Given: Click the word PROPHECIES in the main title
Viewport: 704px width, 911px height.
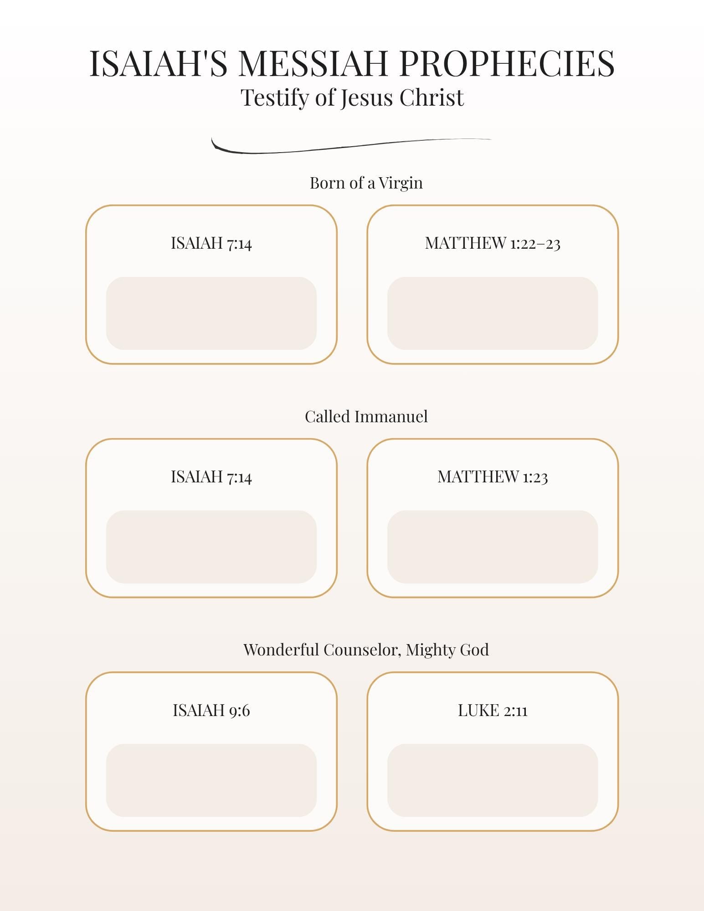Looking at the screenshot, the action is [507, 63].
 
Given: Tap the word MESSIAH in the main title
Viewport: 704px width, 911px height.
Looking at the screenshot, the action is [313, 63].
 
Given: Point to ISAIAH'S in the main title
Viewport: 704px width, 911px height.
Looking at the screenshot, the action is [158, 63].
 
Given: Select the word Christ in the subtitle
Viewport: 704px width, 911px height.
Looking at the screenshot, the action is [432, 97].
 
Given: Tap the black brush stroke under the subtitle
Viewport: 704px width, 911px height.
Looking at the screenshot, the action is [351, 145].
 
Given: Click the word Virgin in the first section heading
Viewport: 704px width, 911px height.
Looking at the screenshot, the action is [401, 183].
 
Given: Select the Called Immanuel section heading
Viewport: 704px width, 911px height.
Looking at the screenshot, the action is [366, 416].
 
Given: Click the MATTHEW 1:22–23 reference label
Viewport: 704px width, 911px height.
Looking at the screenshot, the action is [493, 243].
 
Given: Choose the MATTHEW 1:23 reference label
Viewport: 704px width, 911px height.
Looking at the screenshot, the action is [493, 477].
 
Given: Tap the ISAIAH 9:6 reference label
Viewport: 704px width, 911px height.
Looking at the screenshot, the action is [211, 711].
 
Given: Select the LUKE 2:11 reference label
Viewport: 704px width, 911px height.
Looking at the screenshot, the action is [493, 711].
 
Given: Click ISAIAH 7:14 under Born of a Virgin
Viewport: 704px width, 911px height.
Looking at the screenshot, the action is [211, 243].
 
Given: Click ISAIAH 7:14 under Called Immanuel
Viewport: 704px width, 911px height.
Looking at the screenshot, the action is [211, 477].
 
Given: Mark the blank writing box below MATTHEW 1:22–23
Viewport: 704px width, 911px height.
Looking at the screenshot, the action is [493, 313].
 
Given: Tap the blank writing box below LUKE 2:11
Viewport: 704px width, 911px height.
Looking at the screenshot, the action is [493, 780].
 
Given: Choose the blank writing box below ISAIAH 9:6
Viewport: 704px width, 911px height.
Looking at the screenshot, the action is [211, 780].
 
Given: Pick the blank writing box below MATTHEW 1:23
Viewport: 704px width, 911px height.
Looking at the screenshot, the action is [493, 547].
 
